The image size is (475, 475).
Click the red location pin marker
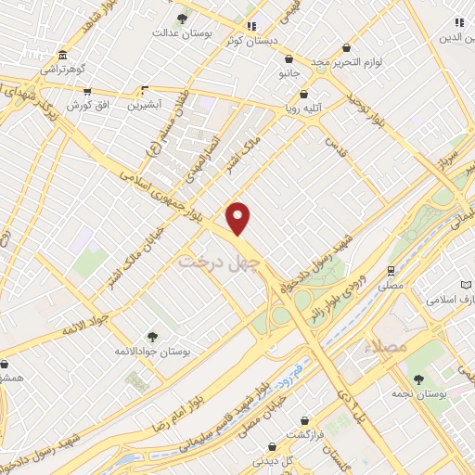point(238,218)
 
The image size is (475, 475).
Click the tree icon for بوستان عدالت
point(182,19)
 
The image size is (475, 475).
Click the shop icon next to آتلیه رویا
point(303,94)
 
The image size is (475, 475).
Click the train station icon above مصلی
point(392,270)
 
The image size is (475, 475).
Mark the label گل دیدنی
point(276,460)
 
